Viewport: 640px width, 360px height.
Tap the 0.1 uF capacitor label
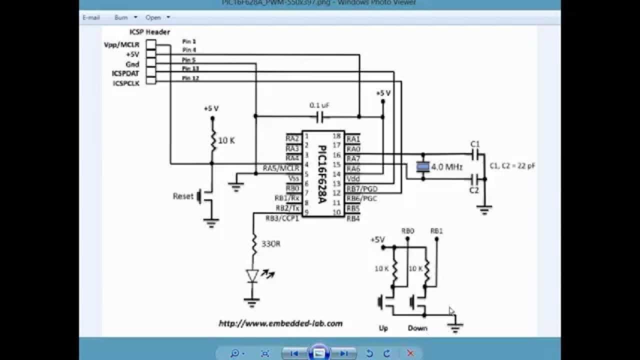pyautogui.click(x=319, y=105)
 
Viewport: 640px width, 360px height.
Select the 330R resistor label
pyautogui.click(x=270, y=244)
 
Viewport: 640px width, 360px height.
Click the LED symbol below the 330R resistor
pyautogui.click(x=252, y=275)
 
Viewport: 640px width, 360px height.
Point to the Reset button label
pyautogui.click(x=183, y=196)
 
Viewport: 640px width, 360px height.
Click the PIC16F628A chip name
pyautogui.click(x=322, y=173)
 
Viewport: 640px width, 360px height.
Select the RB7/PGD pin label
pyautogui.click(x=362, y=188)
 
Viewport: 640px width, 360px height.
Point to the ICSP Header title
pyautogui.click(x=149, y=31)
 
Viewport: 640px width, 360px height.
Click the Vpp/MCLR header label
pyautogui.click(x=121, y=44)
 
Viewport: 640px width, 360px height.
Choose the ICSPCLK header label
pyautogui.click(x=125, y=83)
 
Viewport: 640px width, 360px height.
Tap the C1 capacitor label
pyautogui.click(x=475, y=144)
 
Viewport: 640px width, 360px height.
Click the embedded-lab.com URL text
pyautogui.click(x=280, y=323)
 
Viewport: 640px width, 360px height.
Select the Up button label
pyautogui.click(x=383, y=328)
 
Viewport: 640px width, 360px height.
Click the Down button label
pyautogui.click(x=417, y=328)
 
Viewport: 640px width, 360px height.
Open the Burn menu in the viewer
pyautogui.click(x=121, y=17)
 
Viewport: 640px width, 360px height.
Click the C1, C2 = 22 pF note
pyautogui.click(x=512, y=165)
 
